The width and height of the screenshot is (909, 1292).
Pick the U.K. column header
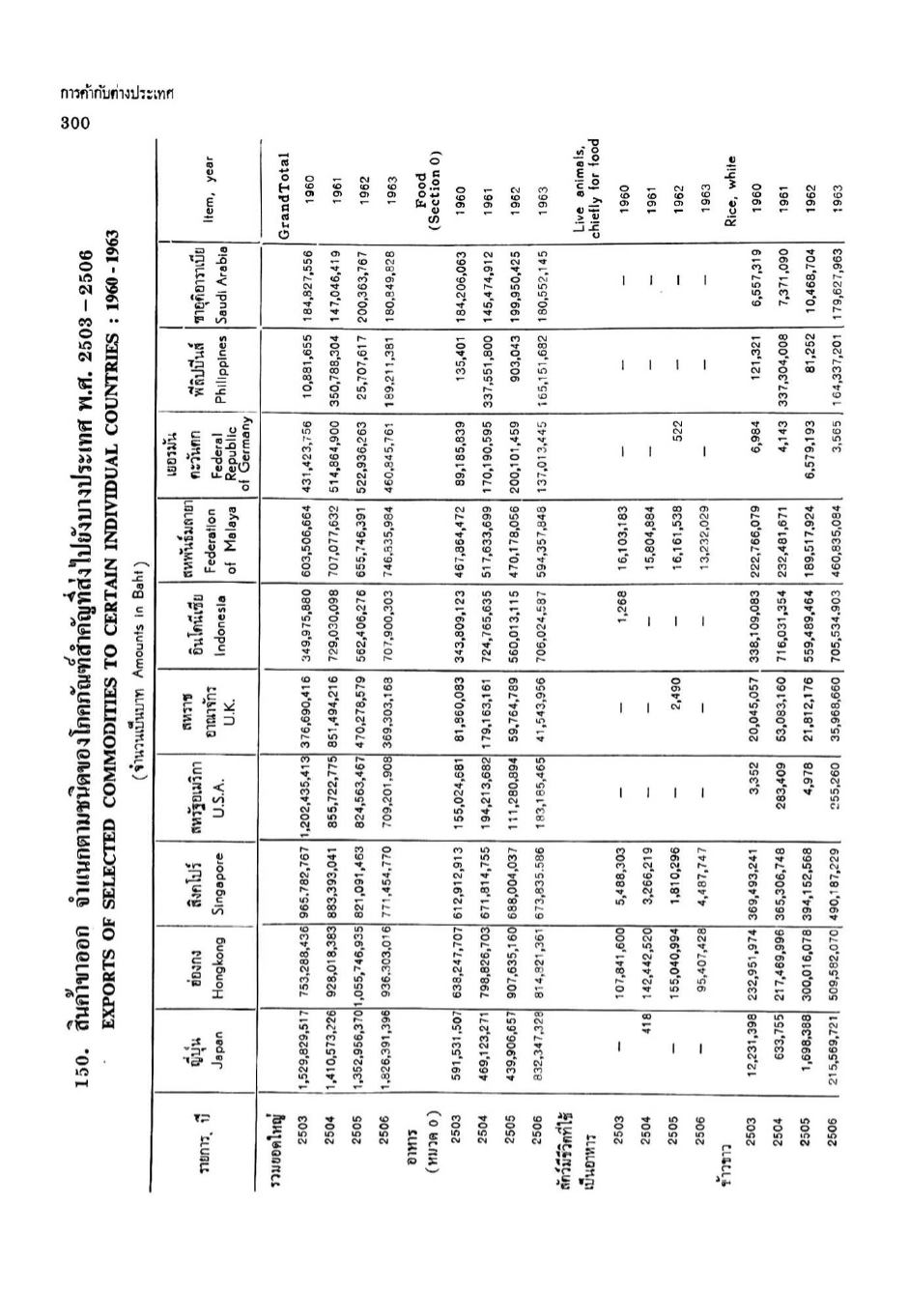pos(221,712)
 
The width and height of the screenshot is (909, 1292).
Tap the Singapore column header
pos(221,883)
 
